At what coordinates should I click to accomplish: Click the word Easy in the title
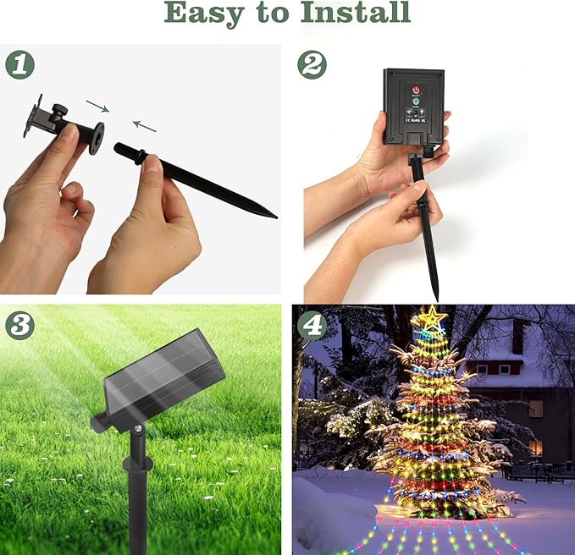(x=201, y=14)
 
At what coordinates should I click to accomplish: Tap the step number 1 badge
(x=19, y=65)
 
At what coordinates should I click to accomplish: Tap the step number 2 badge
(x=312, y=65)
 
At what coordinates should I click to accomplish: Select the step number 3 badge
(x=19, y=325)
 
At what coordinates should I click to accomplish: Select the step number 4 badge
(x=312, y=325)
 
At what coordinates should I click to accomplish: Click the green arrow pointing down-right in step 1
(x=97, y=107)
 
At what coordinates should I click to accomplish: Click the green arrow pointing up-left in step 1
(x=145, y=126)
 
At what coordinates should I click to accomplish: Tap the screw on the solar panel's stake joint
(x=136, y=431)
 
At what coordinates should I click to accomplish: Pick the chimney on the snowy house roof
(x=517, y=336)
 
